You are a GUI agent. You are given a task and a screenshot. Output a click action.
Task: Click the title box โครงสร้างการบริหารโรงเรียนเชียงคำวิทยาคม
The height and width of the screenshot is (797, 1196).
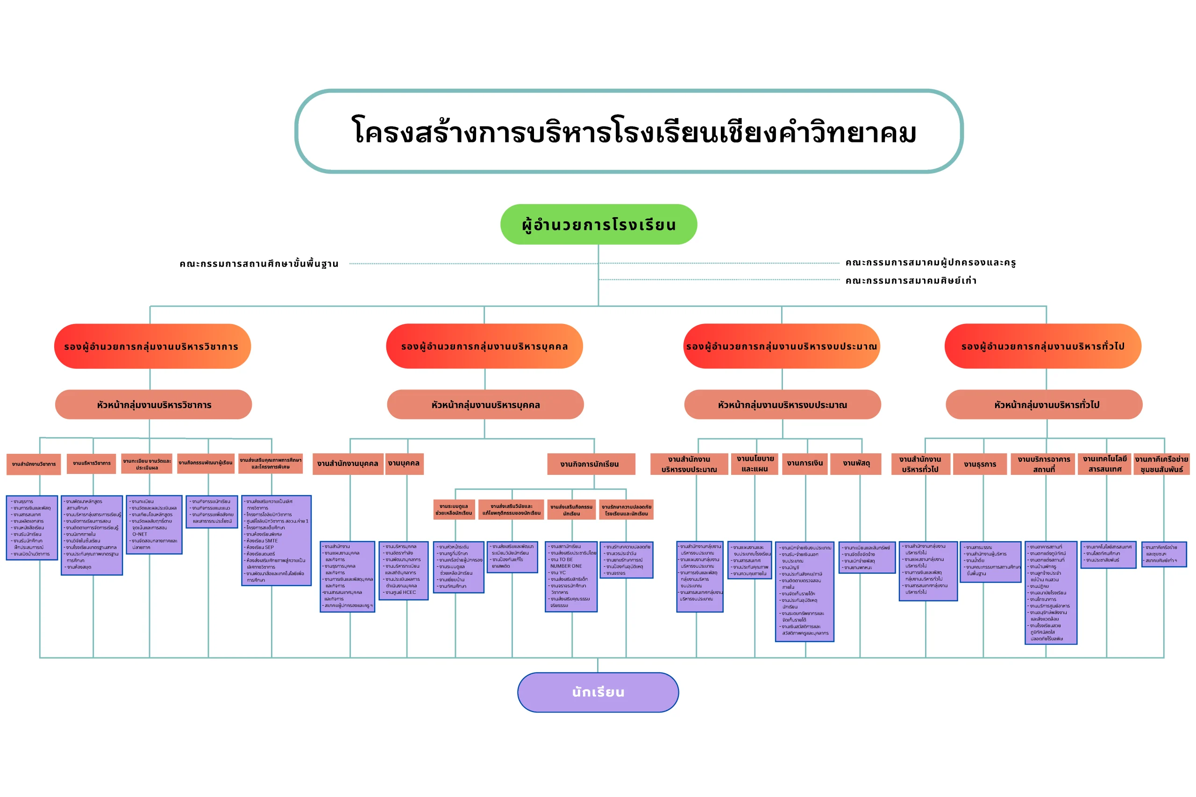pos(628,132)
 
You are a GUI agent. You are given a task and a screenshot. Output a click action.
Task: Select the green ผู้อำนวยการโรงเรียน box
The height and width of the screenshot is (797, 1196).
pos(598,224)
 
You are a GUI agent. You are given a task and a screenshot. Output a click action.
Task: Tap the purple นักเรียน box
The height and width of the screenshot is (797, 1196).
pos(598,692)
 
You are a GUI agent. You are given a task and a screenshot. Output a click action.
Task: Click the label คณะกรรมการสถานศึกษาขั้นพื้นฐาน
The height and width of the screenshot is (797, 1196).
pos(258,264)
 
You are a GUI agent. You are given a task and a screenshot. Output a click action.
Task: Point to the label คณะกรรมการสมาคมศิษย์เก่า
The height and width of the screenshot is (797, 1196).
pos(910,281)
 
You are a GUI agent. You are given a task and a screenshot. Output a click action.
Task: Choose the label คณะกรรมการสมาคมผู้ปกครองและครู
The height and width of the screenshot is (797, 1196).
pos(930,263)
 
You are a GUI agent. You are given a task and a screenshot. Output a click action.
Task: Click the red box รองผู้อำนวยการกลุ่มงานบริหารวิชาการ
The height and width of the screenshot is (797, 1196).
pos(152,346)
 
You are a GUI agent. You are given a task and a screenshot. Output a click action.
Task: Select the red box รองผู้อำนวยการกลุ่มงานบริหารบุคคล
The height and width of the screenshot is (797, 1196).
pos(484,346)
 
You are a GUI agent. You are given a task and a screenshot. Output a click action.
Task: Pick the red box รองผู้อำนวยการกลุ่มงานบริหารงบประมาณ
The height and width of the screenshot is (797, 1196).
pos(781,346)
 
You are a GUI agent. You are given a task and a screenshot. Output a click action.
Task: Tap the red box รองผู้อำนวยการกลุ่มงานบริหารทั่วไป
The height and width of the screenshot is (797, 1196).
pos(1042,346)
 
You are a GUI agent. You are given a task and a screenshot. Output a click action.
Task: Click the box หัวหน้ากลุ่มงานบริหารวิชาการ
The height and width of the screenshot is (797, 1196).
pos(154,405)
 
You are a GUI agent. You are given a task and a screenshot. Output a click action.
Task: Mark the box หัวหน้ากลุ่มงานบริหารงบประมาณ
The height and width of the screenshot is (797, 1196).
pos(782,405)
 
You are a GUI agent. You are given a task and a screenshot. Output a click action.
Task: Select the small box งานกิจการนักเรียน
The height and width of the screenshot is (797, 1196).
pos(591,464)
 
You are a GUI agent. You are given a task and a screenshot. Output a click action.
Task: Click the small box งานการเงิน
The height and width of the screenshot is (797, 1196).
pos(804,464)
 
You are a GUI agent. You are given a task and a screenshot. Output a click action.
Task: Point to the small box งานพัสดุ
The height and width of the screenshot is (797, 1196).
pos(856,464)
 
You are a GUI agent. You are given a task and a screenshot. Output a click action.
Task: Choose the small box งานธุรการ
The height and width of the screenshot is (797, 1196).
pos(979,464)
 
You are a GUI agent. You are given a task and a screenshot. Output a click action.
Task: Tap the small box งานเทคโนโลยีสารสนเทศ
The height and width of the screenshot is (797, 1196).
pos(1104,464)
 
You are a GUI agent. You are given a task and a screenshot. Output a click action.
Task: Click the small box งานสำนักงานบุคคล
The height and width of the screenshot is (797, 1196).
pos(348,464)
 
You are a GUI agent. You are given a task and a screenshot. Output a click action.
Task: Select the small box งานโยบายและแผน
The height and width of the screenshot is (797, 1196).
pos(755,464)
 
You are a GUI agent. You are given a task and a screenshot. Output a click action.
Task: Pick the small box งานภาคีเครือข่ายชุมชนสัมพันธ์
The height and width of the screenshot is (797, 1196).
pos(1161,464)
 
